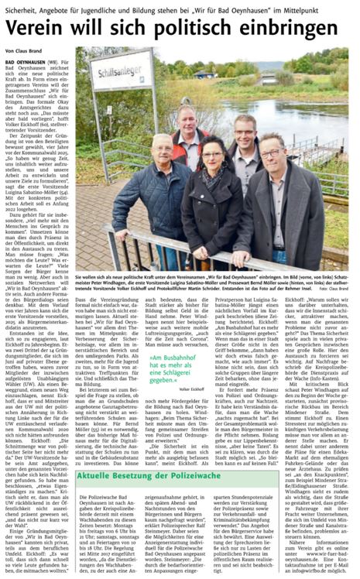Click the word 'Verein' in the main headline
click(x=41, y=30)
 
